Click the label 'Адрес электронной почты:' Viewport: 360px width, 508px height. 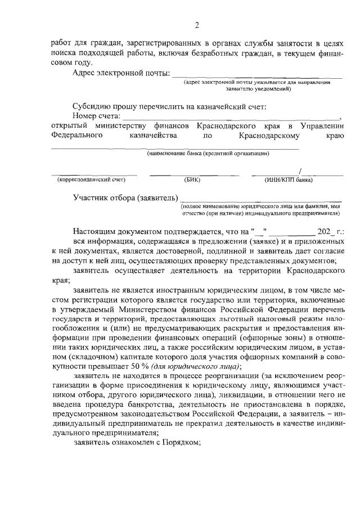(121, 73)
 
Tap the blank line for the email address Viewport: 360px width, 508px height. (256, 77)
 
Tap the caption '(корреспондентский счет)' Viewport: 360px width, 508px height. (91, 180)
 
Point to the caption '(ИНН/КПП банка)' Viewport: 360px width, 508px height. (289, 180)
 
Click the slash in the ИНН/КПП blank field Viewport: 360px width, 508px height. (302, 171)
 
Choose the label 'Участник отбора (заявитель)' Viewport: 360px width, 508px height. (124, 198)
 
